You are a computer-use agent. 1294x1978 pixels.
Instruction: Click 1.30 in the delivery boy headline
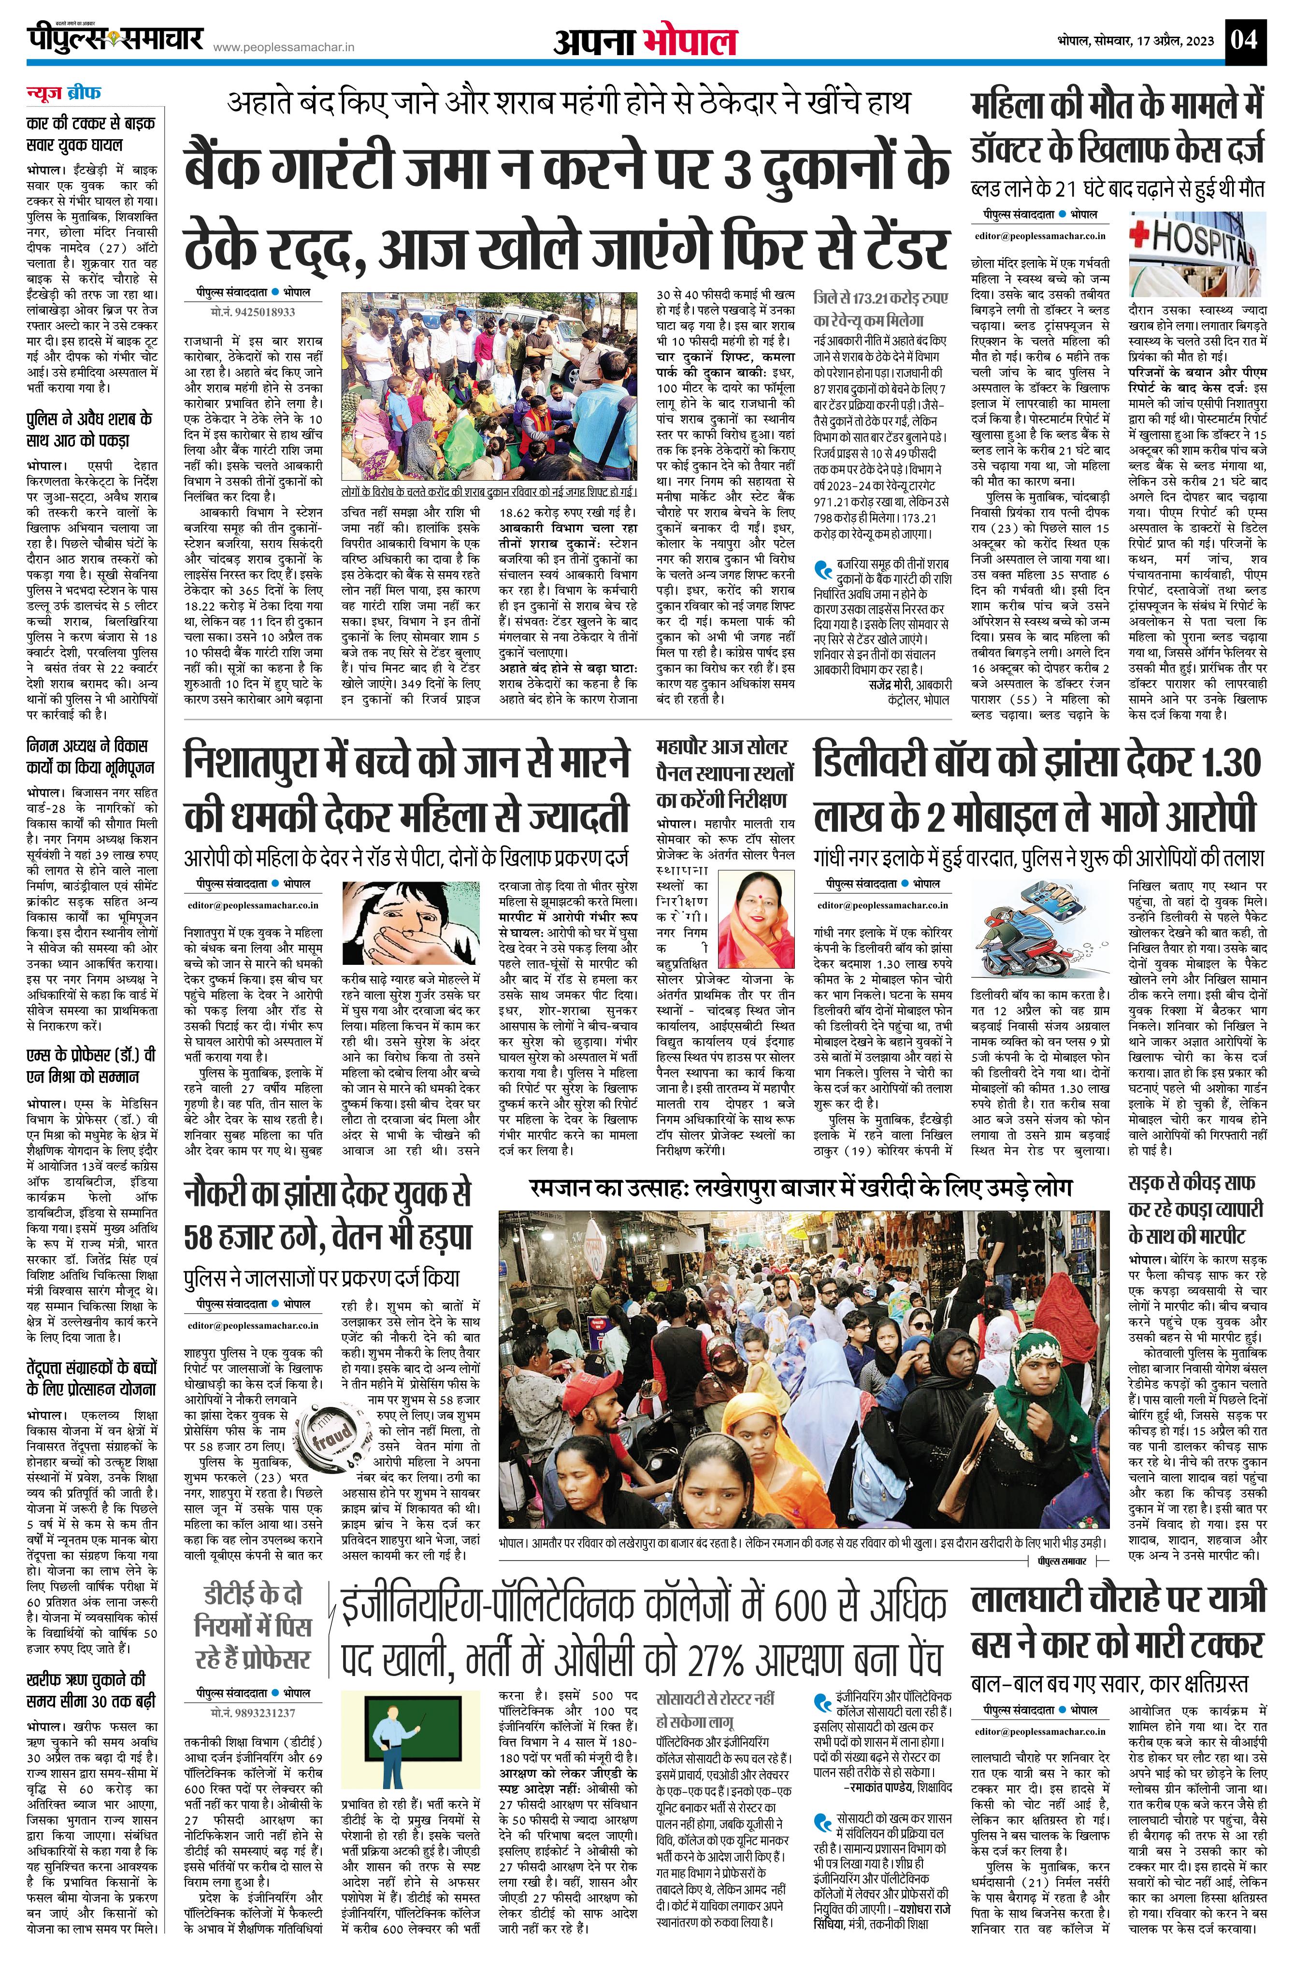click(x=1216, y=763)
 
